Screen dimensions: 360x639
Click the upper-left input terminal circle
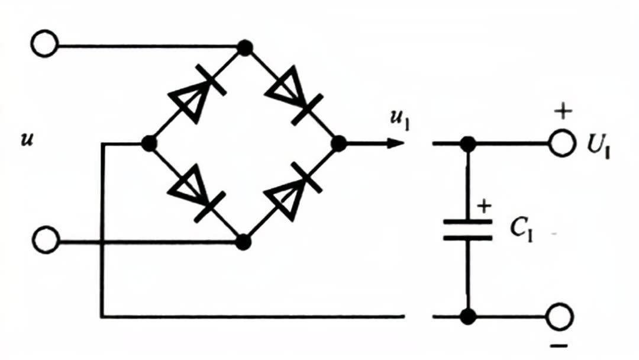(45, 45)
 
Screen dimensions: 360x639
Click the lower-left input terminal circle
(45, 241)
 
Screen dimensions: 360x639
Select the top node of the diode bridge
(242, 46)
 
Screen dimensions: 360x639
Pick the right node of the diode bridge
(338, 143)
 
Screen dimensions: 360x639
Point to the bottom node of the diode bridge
(242, 241)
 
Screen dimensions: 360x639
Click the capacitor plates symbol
(468, 230)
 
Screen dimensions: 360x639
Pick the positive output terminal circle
(560, 143)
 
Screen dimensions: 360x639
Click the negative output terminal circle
(560, 317)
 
